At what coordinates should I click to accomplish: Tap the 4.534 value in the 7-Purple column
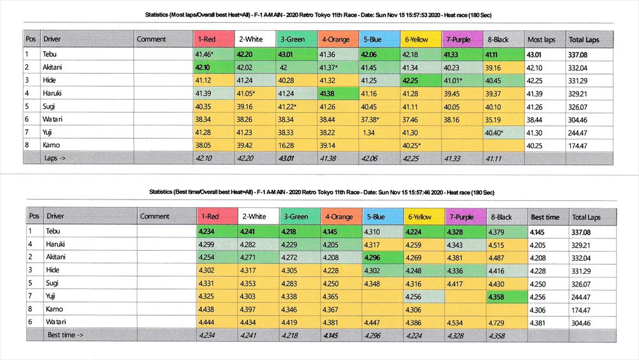456,322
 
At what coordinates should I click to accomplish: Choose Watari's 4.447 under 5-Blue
374,322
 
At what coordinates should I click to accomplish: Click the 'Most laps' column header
542,40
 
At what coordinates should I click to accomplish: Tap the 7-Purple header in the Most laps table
459,40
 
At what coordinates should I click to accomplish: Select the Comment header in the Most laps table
151,40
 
